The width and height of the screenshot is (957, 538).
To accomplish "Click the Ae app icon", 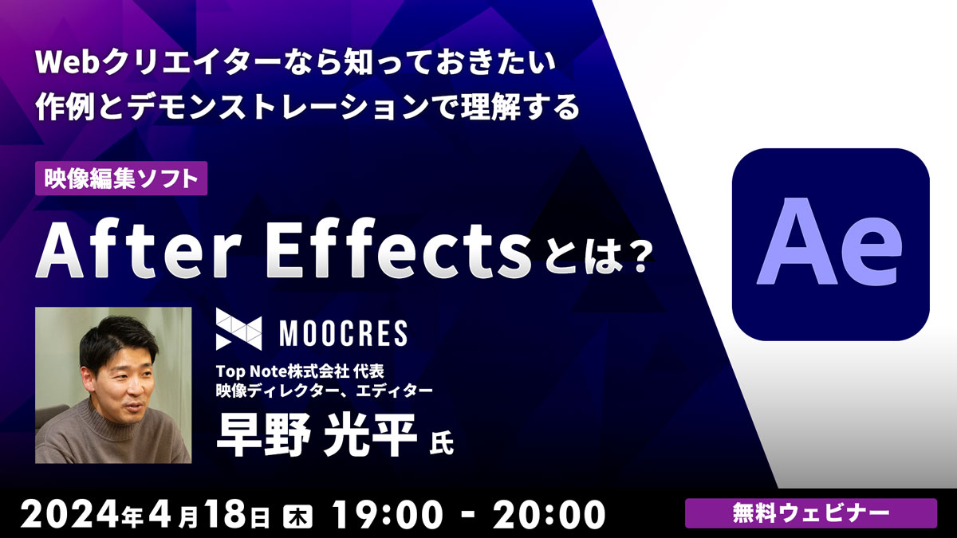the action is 830,244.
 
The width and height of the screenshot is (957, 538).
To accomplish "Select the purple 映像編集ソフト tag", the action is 121,179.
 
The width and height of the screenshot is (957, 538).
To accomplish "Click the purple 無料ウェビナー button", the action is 811,513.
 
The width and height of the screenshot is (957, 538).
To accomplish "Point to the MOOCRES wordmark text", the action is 344,333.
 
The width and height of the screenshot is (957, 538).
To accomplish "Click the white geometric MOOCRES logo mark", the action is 238,329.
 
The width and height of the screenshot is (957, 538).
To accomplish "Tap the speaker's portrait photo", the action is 113,385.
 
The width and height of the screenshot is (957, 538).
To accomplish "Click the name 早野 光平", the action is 317,435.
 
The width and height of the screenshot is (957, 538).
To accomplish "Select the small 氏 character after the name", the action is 441,445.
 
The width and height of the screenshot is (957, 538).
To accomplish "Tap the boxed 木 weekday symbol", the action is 297,517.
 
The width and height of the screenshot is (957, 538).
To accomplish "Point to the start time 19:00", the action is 388,515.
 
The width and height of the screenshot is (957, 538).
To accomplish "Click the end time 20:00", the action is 549,515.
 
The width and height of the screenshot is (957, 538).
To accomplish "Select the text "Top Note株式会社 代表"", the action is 300,371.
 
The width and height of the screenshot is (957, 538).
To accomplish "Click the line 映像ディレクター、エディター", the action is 325,391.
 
